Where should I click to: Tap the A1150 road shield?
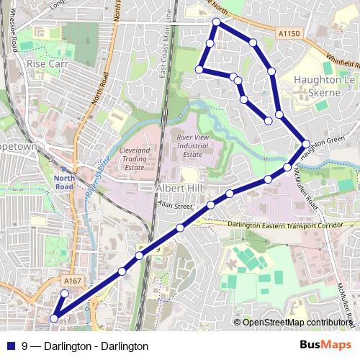pyautogui.click(x=287, y=33)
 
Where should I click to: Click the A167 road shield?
pyautogui.click(x=72, y=281)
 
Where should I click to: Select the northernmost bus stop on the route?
pyautogui.click(x=216, y=22)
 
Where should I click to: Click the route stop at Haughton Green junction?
pyautogui.click(x=306, y=144)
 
